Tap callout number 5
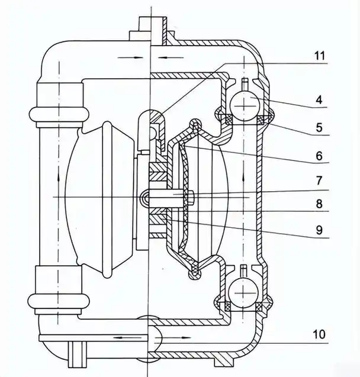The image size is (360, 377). tap(319, 127)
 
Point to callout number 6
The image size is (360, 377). tap(319, 156)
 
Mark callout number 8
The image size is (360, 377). tap(319, 205)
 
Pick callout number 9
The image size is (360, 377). tap(319, 231)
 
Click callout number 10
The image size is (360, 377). tap(320, 335)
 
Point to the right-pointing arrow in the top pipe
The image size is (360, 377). tap(131, 57)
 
